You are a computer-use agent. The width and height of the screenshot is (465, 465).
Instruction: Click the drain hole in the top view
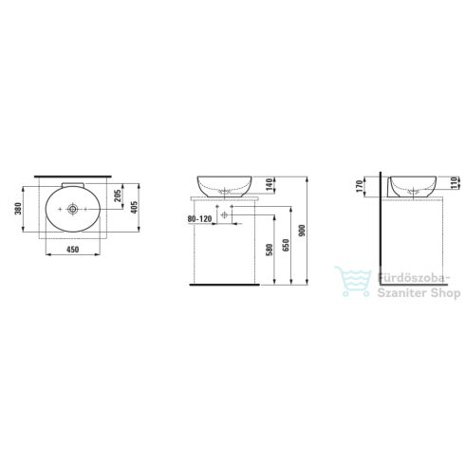tap(71, 208)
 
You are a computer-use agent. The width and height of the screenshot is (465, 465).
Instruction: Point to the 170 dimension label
tap(359, 186)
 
